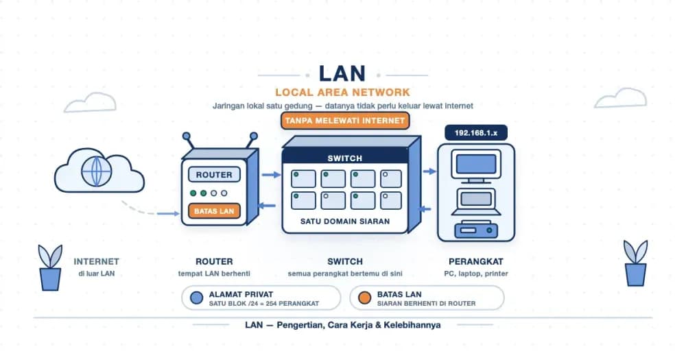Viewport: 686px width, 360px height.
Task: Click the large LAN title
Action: pos(342,73)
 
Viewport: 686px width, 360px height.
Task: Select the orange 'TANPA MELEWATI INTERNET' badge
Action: pos(345,120)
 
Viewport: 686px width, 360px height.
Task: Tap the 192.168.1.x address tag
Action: pos(476,133)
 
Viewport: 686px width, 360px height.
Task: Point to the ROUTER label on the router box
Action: pos(214,175)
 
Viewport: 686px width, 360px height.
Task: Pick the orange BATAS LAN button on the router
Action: pos(214,211)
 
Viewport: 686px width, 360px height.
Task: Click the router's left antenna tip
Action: pos(187,136)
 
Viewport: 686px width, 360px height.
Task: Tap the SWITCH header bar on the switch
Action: pos(345,158)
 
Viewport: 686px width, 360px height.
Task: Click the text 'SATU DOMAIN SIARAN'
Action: pos(345,221)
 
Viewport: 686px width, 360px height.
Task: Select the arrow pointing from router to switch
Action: pos(271,175)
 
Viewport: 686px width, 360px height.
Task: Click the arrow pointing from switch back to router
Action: pos(266,206)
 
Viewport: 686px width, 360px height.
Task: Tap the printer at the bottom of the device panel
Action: pos(476,229)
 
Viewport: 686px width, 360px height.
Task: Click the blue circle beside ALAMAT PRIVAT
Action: pos(197,298)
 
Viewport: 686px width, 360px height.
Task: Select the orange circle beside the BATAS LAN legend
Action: pos(364,298)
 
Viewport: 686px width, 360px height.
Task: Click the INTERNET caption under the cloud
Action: pos(96,261)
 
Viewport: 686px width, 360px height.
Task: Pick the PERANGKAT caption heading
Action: pos(476,261)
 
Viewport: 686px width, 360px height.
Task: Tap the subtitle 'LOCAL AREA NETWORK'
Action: pos(342,93)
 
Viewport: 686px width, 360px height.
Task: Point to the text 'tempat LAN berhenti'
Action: pos(214,274)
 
